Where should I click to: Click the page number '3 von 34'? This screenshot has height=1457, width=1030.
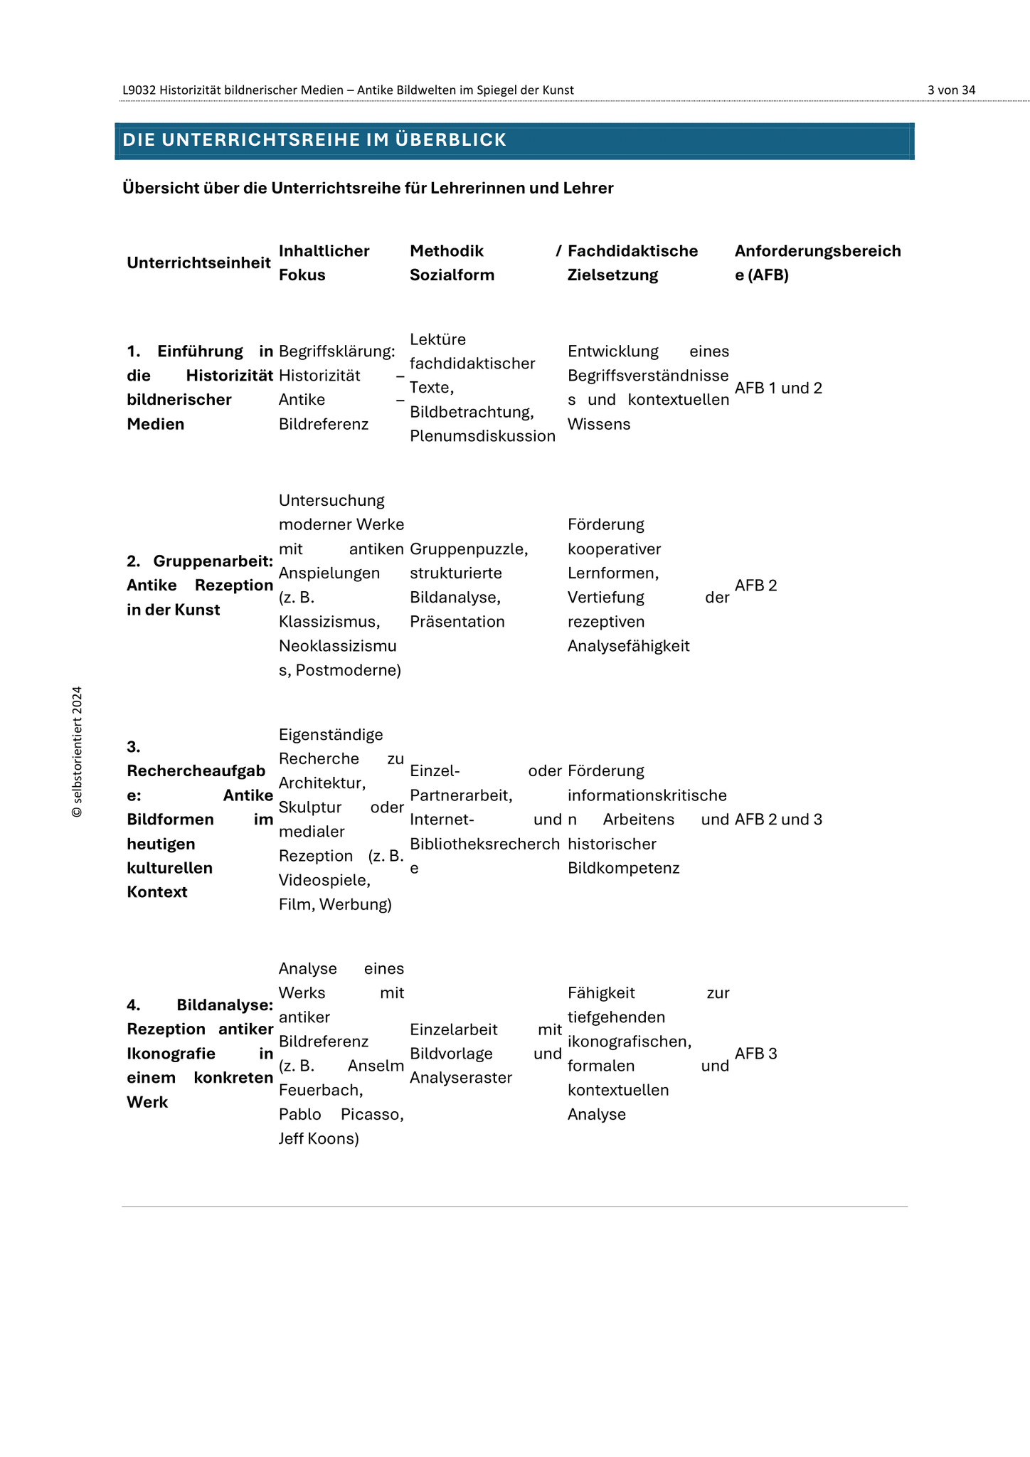click(951, 90)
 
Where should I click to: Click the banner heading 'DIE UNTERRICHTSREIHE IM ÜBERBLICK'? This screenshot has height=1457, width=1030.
click(314, 140)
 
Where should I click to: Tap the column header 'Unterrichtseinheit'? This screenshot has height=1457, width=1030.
click(198, 263)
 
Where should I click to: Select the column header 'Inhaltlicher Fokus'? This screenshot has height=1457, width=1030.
click(324, 263)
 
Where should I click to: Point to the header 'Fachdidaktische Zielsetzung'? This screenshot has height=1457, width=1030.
click(632, 263)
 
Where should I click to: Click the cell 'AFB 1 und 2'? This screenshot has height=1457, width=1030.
click(778, 388)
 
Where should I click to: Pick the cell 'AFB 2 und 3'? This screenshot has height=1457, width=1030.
click(778, 820)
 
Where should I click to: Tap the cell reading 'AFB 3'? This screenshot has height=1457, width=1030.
click(755, 1054)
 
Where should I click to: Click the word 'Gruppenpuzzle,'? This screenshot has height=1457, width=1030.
click(469, 549)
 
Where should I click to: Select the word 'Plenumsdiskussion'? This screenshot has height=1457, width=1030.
click(482, 436)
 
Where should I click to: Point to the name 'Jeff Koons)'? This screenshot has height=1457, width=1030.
click(319, 1139)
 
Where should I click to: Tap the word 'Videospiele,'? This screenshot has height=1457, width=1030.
click(324, 881)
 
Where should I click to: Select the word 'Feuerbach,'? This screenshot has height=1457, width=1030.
click(321, 1091)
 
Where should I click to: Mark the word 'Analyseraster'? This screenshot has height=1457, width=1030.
click(461, 1078)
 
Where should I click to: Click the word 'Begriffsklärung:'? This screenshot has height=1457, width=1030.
click(336, 351)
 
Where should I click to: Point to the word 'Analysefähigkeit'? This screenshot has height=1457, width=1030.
click(629, 646)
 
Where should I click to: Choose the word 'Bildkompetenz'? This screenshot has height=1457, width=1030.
click(623, 868)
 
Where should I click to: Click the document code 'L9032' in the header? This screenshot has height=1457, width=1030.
click(139, 90)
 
